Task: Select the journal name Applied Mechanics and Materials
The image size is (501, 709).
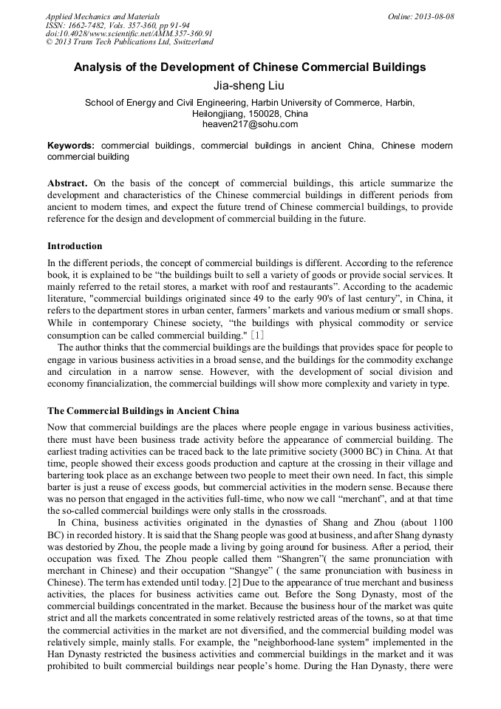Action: pos(102,16)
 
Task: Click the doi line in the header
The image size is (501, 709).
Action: pos(129,33)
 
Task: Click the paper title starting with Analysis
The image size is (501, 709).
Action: pos(250,67)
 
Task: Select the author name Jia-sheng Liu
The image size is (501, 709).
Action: pos(250,86)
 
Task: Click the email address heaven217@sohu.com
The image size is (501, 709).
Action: pos(250,125)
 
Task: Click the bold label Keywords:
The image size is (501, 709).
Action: pos(71,146)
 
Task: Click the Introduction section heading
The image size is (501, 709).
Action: pos(75,246)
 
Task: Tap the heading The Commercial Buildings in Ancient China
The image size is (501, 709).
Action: pos(143,410)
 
